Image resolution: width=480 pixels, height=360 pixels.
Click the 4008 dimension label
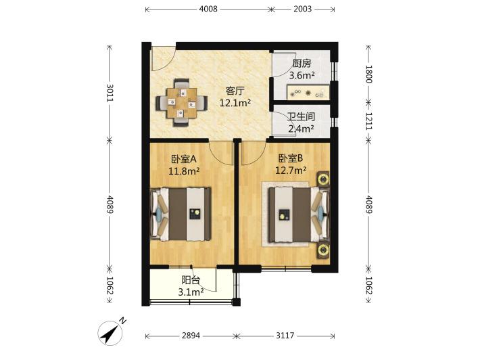pos(208,9)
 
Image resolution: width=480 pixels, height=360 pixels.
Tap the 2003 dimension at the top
pos(302,9)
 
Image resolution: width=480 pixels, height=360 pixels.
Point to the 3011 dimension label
pos(110,93)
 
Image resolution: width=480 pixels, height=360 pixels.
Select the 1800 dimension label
pos(368,74)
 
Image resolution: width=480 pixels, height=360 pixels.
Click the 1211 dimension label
pos(368,121)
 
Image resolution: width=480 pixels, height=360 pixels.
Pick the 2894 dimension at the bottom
pos(191,336)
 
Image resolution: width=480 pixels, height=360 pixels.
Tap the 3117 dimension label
pos(285,336)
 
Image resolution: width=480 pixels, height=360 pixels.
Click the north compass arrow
pos(110,334)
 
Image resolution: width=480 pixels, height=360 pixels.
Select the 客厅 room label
pos(235,91)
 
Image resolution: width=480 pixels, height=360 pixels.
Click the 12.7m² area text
pos(291,170)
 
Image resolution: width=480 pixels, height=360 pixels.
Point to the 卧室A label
pos(184,159)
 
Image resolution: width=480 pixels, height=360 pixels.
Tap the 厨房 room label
pos(302,64)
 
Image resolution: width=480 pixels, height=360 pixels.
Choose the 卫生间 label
pos(302,116)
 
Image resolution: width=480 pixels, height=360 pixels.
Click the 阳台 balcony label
pos(191,279)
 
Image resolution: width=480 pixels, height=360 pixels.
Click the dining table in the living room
pos(182,103)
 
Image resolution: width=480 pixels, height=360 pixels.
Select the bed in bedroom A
pos(181,214)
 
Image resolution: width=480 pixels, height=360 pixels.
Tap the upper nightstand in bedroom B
pos(323,179)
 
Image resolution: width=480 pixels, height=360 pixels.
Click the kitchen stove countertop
pos(308,92)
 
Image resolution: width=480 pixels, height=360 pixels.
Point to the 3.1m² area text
pos(191,292)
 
